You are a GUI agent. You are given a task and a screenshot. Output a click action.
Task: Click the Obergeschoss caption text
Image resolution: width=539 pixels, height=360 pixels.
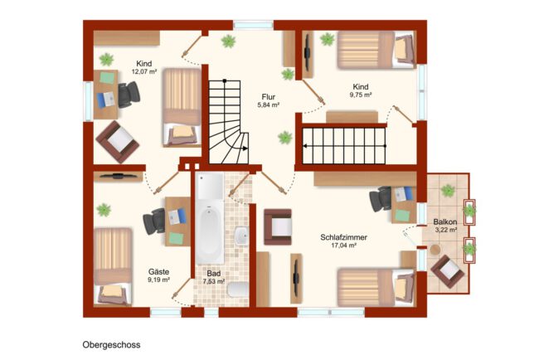111,345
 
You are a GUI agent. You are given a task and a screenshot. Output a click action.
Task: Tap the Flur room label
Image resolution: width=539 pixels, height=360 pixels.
268,97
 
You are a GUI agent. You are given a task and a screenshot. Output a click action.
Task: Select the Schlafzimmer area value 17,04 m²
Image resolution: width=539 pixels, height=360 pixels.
344,246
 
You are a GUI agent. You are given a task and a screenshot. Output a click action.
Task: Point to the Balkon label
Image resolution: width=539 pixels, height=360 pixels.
445,221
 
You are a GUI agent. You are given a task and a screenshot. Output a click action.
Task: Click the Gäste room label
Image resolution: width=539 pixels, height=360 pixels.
158,271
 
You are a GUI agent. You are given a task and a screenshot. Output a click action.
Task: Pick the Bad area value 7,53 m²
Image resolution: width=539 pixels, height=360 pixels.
213,281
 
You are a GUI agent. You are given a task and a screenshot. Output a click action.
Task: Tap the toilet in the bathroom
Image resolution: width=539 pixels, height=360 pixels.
238,289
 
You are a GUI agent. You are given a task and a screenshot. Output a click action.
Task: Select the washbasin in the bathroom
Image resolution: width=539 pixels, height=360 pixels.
241,236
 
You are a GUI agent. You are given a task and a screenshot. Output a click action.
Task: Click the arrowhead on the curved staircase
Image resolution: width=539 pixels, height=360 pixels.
245,148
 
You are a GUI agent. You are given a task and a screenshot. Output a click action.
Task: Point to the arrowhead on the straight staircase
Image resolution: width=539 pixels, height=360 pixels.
305,146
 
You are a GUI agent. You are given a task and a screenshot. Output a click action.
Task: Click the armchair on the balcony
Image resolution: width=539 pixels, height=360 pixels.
448,271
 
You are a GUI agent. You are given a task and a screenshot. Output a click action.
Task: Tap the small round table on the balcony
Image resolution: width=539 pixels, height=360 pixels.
435,250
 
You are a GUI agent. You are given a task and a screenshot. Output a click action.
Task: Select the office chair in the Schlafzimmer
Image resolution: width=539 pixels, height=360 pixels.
381,199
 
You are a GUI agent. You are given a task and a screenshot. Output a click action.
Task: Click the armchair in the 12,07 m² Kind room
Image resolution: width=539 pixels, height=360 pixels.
117,142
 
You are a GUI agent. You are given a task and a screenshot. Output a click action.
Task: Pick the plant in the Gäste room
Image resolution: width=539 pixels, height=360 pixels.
104,210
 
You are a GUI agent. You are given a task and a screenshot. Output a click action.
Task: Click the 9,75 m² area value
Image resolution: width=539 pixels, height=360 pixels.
361,95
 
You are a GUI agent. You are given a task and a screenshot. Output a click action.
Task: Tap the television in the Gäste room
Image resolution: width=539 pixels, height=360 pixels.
119,176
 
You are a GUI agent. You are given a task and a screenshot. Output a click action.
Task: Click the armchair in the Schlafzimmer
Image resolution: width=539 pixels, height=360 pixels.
278,227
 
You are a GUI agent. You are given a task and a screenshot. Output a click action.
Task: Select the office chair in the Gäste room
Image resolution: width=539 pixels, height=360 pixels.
154,221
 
